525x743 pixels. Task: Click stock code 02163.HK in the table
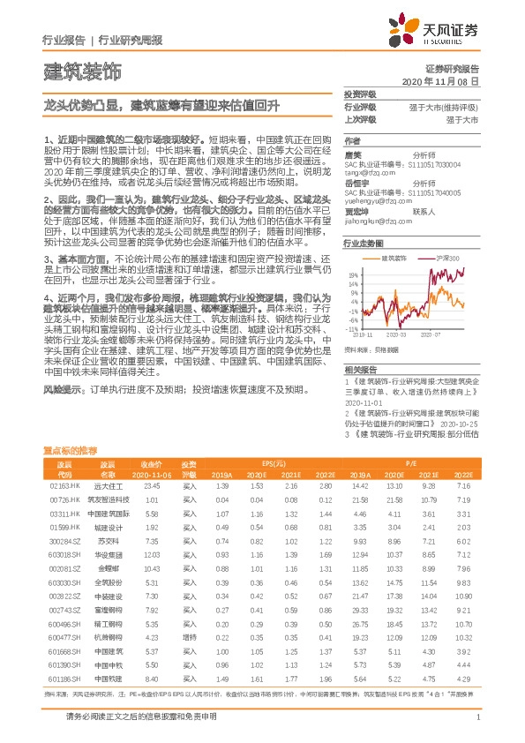[64, 486]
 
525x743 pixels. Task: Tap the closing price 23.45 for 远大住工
[152, 486]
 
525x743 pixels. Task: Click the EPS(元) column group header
[278, 462]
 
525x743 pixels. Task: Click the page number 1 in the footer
[477, 717]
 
